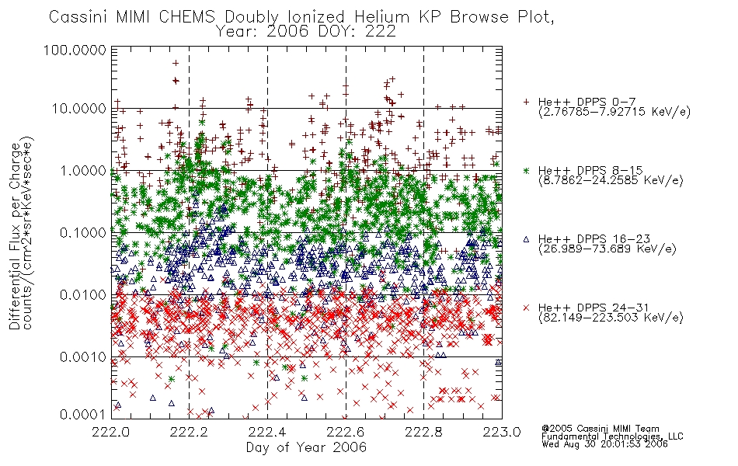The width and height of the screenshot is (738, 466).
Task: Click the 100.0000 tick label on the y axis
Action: (75, 50)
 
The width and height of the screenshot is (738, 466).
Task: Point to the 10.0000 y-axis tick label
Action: (78, 109)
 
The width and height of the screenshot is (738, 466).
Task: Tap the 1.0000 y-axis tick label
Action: (83, 170)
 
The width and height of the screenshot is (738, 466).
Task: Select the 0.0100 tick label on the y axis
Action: (83, 295)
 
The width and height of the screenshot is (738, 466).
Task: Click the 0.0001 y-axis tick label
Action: (83, 414)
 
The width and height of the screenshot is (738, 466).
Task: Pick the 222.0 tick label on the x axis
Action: (111, 432)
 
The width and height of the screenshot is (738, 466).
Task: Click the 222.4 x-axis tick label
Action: (267, 432)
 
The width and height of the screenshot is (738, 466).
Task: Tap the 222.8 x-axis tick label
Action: (423, 432)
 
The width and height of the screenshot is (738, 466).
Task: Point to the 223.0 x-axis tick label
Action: (502, 432)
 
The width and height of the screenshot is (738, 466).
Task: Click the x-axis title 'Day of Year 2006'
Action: (306, 447)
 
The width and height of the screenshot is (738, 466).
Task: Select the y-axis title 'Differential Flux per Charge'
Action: (15, 235)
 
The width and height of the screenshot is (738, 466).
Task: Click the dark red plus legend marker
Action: (526, 102)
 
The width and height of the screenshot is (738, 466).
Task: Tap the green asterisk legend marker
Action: (526, 170)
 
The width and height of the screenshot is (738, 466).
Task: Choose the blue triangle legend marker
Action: (526, 239)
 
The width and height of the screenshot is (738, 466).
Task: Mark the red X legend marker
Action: (526, 308)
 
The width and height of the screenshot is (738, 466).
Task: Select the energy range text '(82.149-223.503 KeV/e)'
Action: (611, 318)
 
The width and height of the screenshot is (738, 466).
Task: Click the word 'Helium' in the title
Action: (381, 16)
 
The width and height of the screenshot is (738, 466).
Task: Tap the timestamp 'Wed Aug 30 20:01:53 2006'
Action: (604, 444)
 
